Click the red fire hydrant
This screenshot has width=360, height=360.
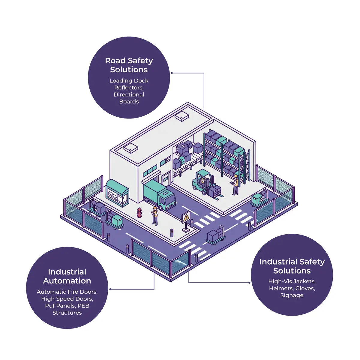[x=139, y=212]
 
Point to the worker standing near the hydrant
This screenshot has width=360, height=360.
[x=155, y=215]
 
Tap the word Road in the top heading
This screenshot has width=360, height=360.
[x=115, y=61]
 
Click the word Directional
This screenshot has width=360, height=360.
[x=129, y=94]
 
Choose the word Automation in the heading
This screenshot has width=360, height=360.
[x=67, y=281]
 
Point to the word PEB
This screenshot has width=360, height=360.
[x=83, y=306]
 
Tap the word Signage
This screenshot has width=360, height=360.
[x=292, y=295]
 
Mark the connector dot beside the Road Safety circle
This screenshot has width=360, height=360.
[x=172, y=73]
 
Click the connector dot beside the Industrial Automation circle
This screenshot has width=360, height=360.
[x=110, y=289]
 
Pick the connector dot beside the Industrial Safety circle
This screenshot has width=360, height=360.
[x=250, y=283]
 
